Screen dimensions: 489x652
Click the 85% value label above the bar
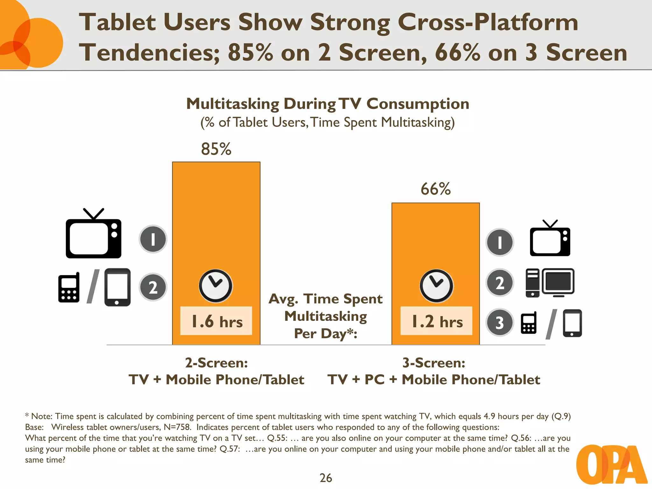tap(216, 149)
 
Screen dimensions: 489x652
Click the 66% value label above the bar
tap(436, 189)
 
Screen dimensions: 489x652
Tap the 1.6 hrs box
tap(216, 321)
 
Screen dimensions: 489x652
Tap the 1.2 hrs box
tap(436, 321)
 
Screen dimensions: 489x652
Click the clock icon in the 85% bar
tap(216, 286)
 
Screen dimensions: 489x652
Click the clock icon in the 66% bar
tap(436, 286)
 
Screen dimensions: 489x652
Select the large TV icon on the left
tap(93, 236)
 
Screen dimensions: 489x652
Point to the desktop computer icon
tap(550, 283)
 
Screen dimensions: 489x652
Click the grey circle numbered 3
tap(500, 322)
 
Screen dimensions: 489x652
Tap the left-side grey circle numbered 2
tap(153, 287)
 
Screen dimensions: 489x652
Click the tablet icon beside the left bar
tap(117, 287)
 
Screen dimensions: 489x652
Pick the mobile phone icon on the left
tap(69, 288)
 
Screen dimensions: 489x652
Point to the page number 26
tap(326, 478)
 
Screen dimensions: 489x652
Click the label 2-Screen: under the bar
tap(216, 363)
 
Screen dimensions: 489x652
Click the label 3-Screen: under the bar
tap(434, 363)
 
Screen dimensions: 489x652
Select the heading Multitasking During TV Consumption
tap(328, 104)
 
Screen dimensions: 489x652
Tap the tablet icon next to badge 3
tap(572, 323)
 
